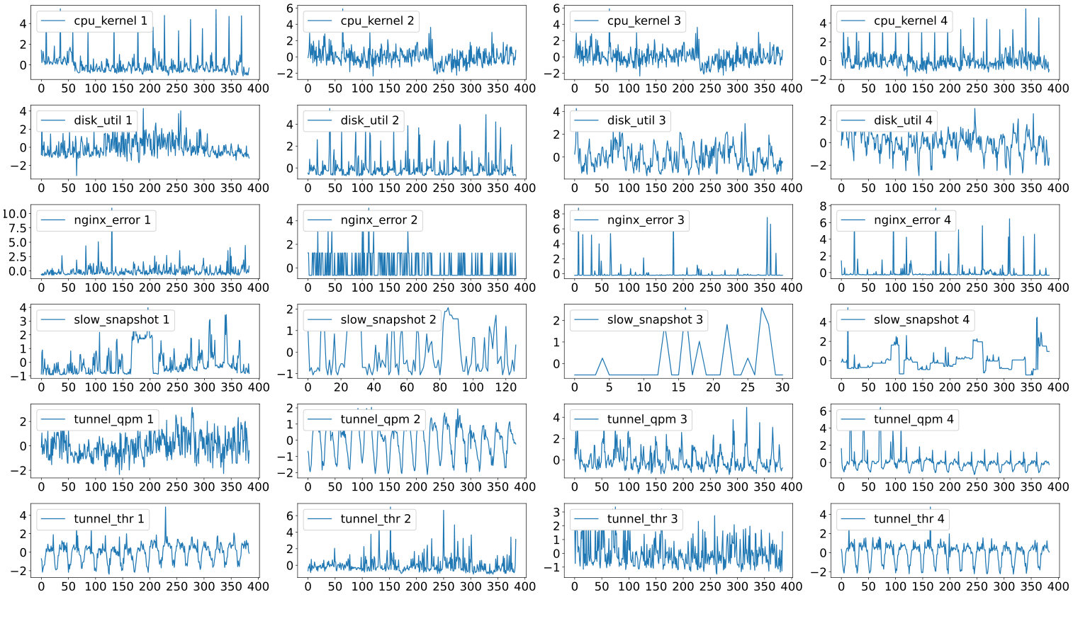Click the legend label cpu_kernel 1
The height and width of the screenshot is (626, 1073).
coord(111,21)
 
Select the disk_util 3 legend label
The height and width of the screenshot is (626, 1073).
coord(636,120)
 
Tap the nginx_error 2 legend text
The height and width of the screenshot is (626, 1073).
coord(378,220)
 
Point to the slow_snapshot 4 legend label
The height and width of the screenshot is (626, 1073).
coord(921,320)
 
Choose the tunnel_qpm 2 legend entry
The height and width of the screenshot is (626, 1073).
coord(380,419)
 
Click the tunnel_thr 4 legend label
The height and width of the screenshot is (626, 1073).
coord(909,519)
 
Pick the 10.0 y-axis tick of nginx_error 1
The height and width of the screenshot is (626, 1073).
coord(15,214)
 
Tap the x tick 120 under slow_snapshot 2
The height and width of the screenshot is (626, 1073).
coord(505,387)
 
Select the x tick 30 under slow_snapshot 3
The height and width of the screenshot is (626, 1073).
coord(782,387)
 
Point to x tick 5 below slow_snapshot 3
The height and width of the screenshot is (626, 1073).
coord(609,387)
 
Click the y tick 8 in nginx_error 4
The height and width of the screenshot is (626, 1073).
coord(823,206)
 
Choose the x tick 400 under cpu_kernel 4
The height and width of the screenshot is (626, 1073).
coord(1058,89)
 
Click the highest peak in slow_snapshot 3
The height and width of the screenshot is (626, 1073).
coord(762,308)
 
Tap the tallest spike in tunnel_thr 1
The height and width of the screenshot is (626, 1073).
coord(166,507)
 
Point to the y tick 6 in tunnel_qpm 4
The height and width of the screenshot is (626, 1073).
coord(823,411)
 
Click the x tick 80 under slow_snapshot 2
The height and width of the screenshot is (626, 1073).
coord(440,387)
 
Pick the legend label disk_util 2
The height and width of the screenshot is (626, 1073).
coord(369,120)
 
